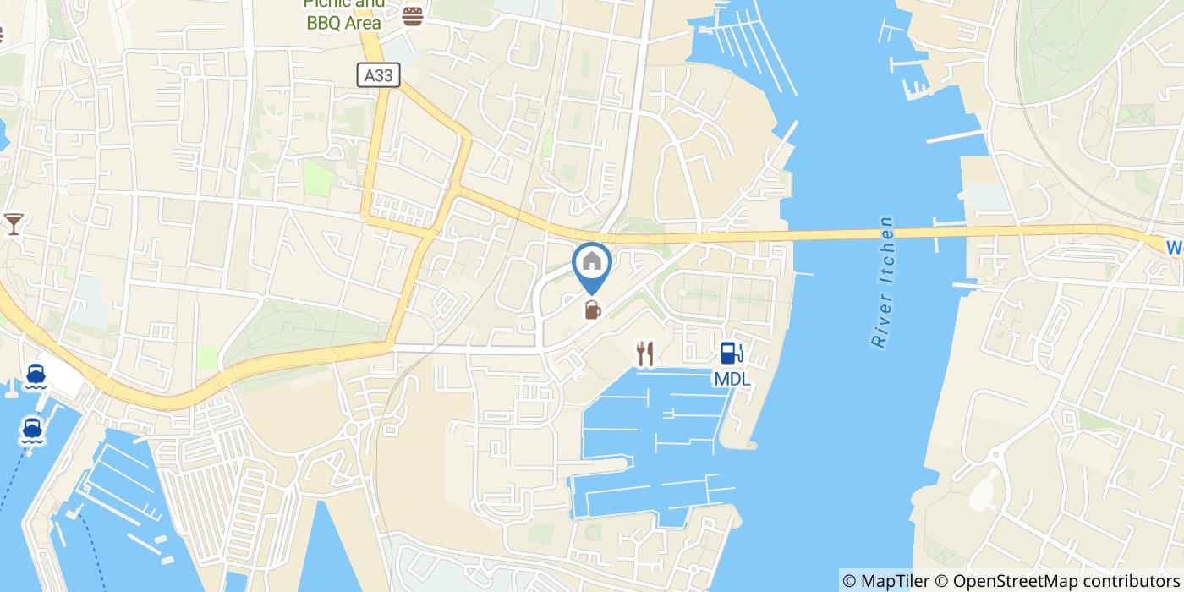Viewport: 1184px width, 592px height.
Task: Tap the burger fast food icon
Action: coord(413,15)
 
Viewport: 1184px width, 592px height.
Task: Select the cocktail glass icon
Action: coord(14,224)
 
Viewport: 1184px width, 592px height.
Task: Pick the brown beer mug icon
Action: coord(592,310)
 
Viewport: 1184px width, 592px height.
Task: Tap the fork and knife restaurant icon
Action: coord(645,354)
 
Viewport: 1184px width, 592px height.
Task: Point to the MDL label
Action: coord(732,380)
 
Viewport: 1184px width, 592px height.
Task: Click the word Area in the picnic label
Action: coord(360,23)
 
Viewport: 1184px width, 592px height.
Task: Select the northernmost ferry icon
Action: coord(36,375)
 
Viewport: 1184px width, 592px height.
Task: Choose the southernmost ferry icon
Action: coord(32,430)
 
